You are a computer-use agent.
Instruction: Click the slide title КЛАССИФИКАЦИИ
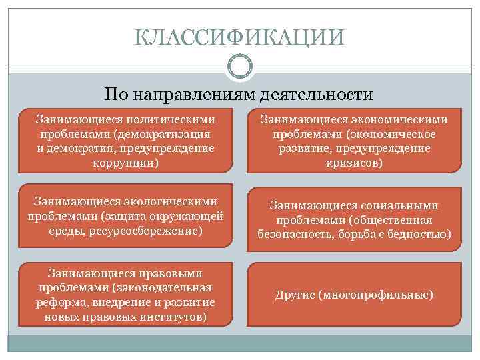tap(239, 37)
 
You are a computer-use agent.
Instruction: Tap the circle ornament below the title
tap(239, 67)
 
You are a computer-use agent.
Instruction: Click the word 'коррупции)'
tap(127, 162)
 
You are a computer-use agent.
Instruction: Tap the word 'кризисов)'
tap(354, 162)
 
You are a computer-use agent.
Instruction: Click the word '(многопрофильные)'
tap(377, 294)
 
